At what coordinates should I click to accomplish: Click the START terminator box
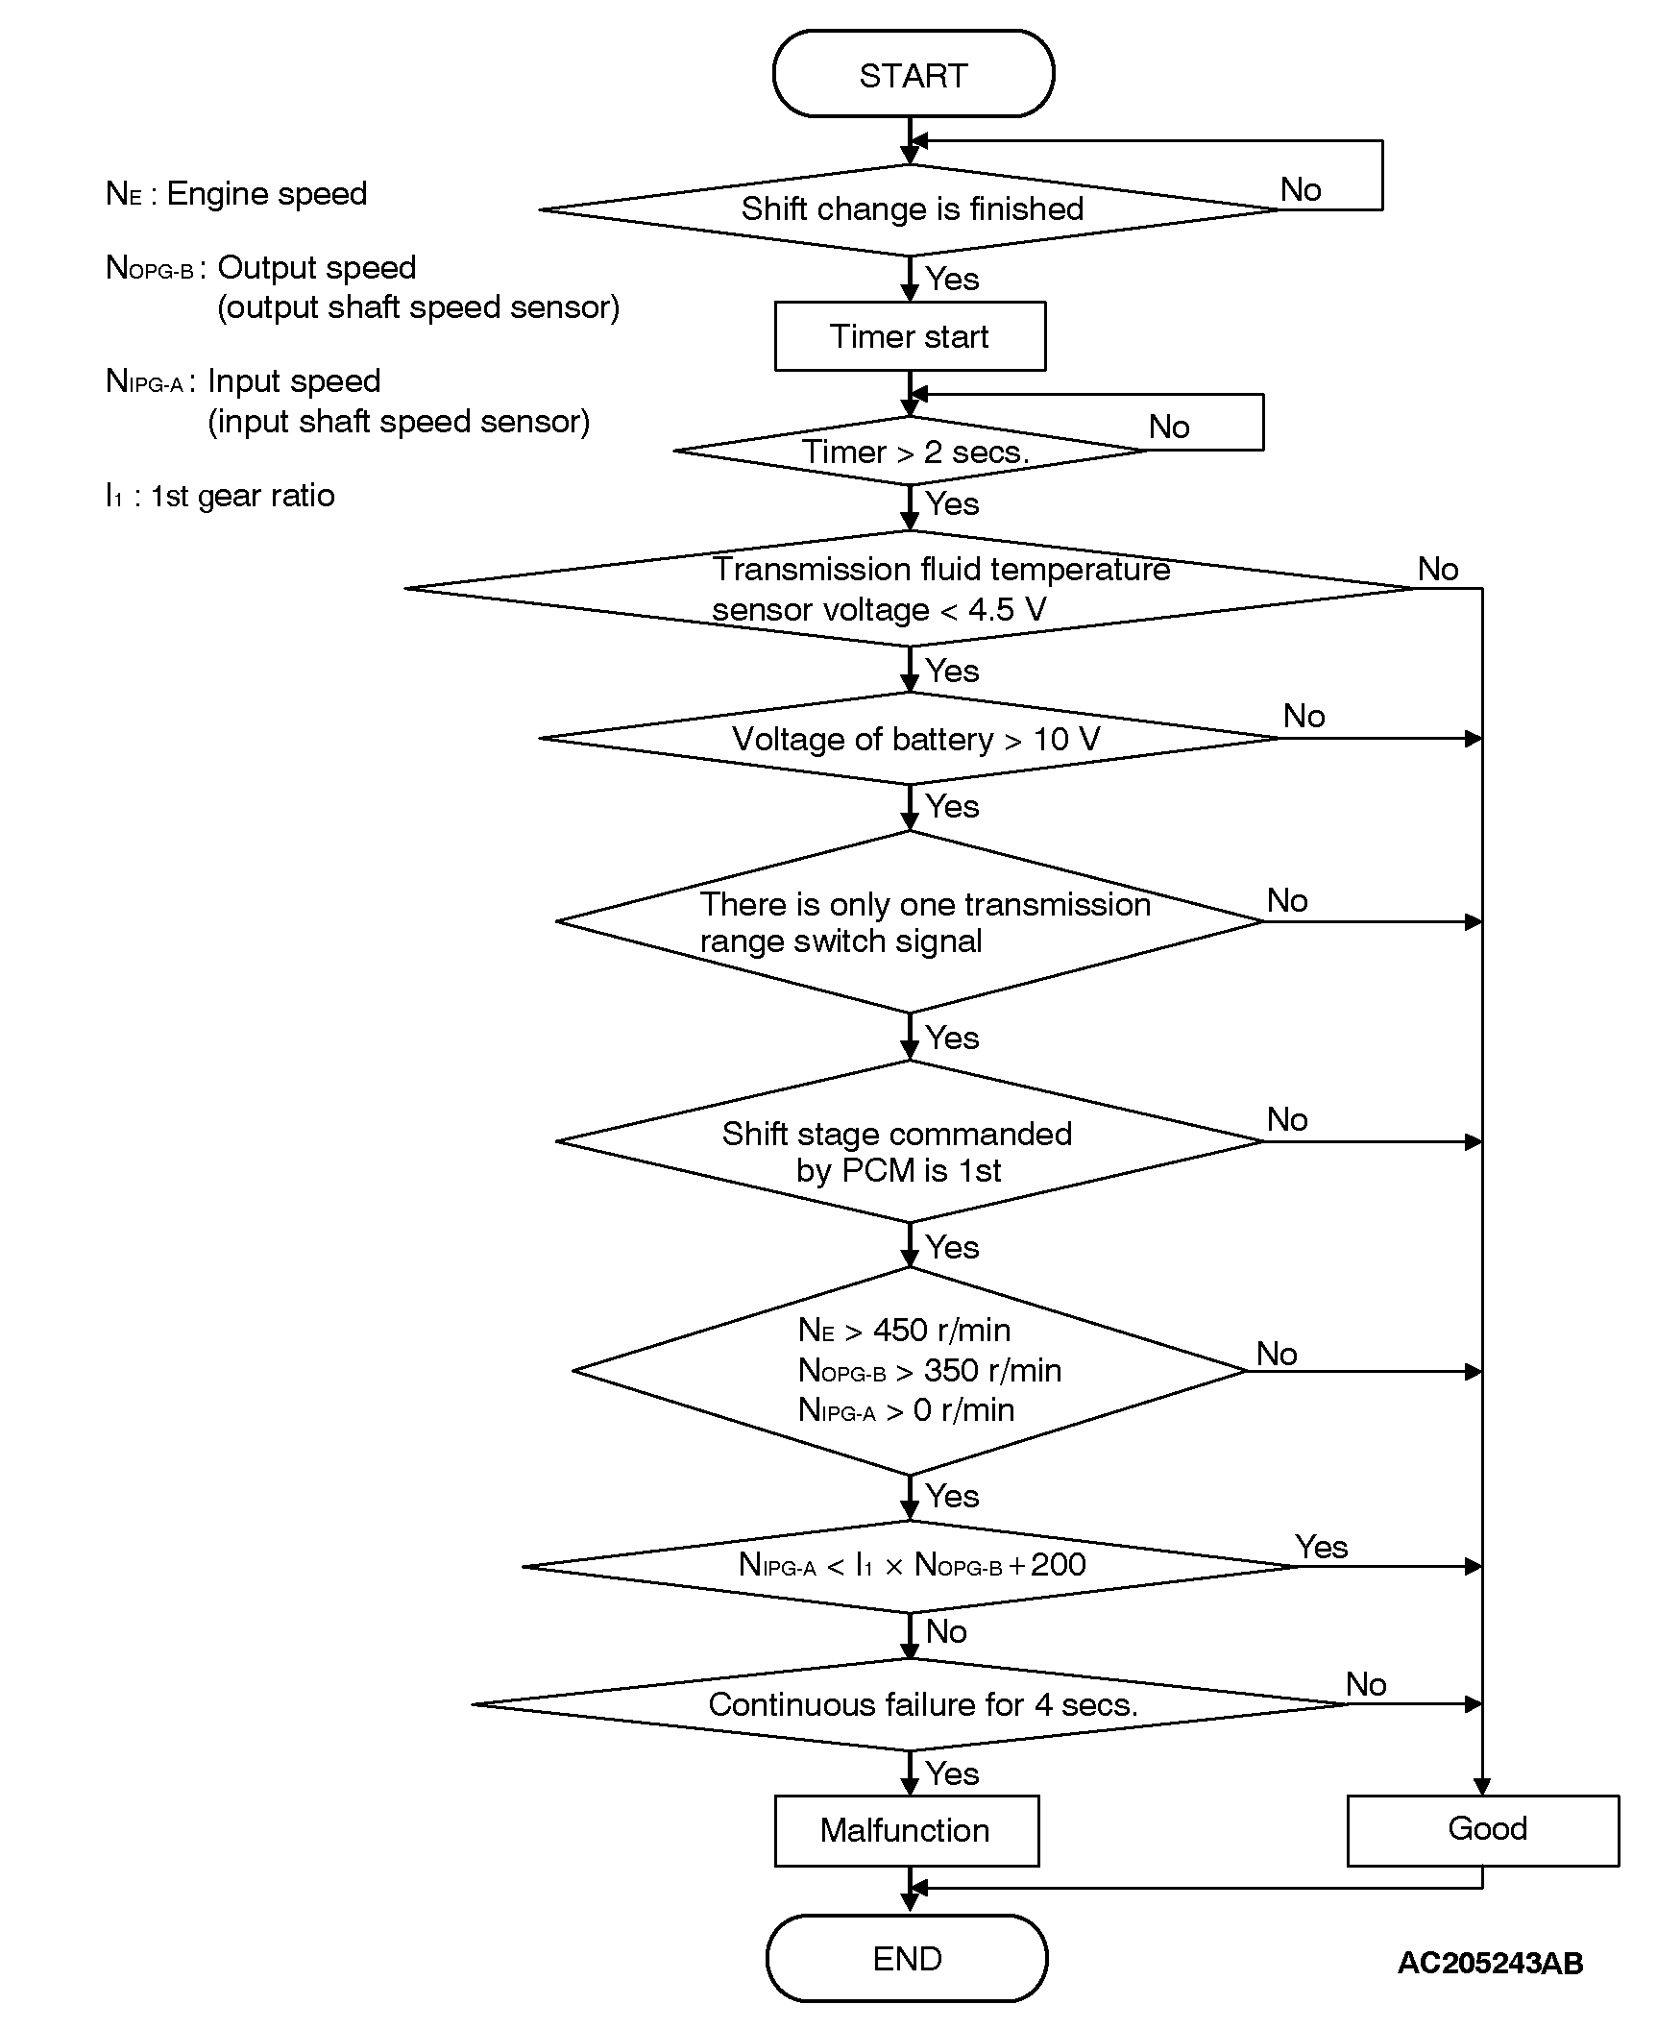(x=913, y=74)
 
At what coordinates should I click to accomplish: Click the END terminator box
(x=907, y=1958)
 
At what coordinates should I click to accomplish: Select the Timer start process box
(x=910, y=336)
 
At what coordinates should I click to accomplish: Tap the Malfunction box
(x=906, y=1830)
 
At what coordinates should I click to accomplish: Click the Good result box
(x=1485, y=1828)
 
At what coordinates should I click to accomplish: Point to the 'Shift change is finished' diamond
(x=911, y=209)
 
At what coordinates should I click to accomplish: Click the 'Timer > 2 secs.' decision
(x=913, y=452)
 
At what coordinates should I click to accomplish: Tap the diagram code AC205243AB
(x=1490, y=1962)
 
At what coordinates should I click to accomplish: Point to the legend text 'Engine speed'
(x=266, y=194)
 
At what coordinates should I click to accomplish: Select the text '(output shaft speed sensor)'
(x=418, y=307)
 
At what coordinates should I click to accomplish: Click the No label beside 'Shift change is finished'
(x=1301, y=189)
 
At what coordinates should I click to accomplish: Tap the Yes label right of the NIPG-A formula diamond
(x=1321, y=1546)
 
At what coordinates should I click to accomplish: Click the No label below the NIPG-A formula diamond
(x=946, y=1631)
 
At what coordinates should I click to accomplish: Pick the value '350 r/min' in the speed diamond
(x=992, y=1370)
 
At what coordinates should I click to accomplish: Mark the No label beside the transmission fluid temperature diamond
(x=1438, y=569)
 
